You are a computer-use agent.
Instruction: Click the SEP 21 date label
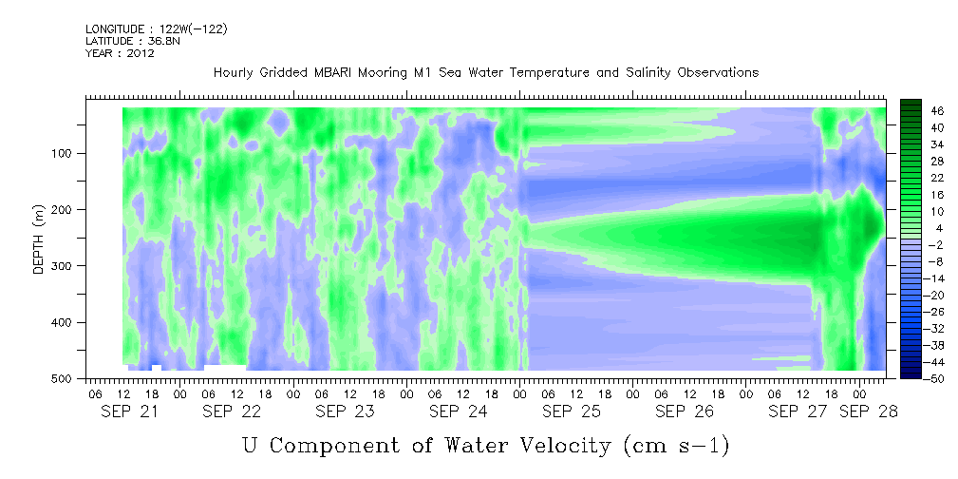[x=129, y=412]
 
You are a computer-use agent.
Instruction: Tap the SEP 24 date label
[x=459, y=412]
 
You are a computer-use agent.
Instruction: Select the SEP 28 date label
[x=868, y=412]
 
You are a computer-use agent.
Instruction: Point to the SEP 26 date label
[x=685, y=412]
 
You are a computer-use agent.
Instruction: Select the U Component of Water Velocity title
[x=486, y=446]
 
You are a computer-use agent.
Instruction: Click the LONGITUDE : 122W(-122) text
[x=157, y=29]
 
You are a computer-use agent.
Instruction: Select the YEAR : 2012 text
[x=120, y=52]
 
